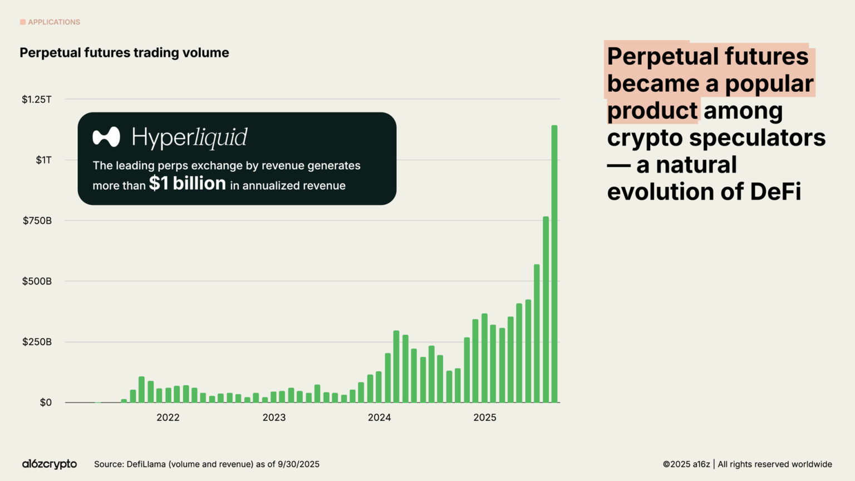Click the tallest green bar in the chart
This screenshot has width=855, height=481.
click(x=554, y=264)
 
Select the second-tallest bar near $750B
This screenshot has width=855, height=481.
click(x=546, y=310)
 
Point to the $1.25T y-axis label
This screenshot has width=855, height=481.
click(x=37, y=100)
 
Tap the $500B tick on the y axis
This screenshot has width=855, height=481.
click(x=37, y=281)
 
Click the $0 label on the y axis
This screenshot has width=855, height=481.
click(x=46, y=403)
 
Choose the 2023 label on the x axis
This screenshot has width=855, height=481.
click(x=274, y=418)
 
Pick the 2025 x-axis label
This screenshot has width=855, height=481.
click(x=485, y=418)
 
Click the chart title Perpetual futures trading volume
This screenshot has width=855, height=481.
click(x=124, y=53)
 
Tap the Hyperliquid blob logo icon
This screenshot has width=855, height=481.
click(x=106, y=137)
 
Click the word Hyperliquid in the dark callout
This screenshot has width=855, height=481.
click(x=189, y=138)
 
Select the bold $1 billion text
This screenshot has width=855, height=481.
click(x=187, y=184)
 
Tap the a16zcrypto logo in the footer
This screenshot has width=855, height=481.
click(x=50, y=464)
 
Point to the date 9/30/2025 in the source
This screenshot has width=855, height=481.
click(x=298, y=464)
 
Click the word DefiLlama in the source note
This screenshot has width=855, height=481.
click(x=146, y=464)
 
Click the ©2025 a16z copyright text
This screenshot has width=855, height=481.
click(x=686, y=464)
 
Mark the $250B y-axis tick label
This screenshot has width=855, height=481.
click(x=37, y=342)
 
